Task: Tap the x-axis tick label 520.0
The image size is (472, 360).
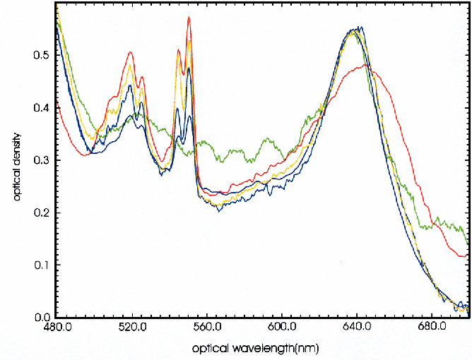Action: click(132, 328)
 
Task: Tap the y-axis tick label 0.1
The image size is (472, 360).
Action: click(42, 265)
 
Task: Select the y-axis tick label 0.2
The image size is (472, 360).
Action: click(42, 213)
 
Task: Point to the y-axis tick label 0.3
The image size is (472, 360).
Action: click(42, 161)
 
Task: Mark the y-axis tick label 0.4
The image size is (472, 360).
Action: click(42, 109)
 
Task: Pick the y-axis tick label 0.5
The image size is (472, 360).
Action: click(42, 56)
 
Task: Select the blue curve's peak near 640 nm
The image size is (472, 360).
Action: click(361, 28)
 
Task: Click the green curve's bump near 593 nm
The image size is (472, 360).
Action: click(267, 139)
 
